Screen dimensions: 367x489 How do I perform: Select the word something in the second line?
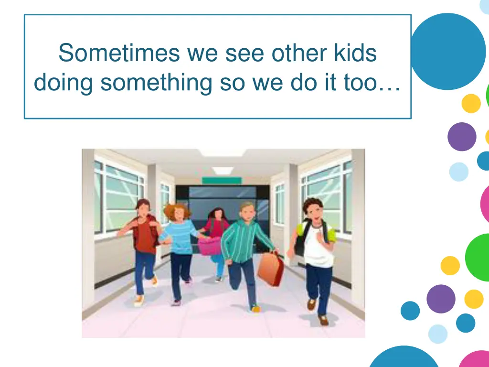tap(156, 83)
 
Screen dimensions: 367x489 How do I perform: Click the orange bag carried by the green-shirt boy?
tap(270, 269)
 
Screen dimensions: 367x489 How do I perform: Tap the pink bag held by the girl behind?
tap(210, 245)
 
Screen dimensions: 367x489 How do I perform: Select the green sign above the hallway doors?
tap(222, 180)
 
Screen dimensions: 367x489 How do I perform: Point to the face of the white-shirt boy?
tap(313, 211)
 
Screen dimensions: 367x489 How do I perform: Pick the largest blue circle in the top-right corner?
tap(447, 52)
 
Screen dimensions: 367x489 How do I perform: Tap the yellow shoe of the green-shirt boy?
tap(255, 309)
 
